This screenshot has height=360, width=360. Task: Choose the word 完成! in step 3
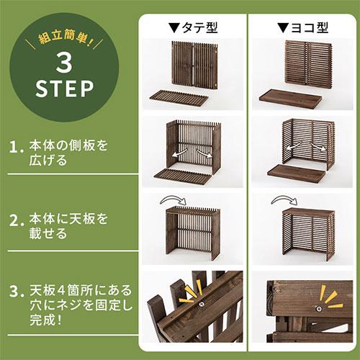pyautogui.click(x=48, y=319)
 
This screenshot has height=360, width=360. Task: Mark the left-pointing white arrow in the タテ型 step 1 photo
pyautogui.click(x=177, y=153)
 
